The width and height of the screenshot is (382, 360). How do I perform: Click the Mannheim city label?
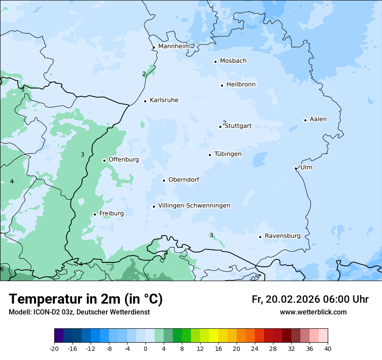click(174, 46)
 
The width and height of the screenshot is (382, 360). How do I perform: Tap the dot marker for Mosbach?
click(215, 62)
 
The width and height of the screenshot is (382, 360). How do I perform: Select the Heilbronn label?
click(241, 85)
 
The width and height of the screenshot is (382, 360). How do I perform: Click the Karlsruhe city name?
click(164, 100)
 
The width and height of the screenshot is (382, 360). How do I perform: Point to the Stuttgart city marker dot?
click(220, 127)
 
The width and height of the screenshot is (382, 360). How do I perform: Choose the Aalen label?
click(318, 119)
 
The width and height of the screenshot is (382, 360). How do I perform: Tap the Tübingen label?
click(228, 154)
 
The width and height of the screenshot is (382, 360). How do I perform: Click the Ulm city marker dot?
click(296, 168)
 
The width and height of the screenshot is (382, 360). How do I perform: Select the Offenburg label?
click(124, 160)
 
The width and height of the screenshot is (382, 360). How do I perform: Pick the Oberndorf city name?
click(184, 180)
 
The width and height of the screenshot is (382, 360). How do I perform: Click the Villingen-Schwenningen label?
click(194, 206)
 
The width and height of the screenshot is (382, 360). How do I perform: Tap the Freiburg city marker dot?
click(95, 214)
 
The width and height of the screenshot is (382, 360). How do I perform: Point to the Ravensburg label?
click(283, 236)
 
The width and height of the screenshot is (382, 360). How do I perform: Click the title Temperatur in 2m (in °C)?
click(86, 299)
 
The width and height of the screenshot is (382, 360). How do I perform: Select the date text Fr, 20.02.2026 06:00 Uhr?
click(310, 299)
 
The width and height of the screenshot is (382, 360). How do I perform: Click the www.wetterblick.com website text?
click(313, 312)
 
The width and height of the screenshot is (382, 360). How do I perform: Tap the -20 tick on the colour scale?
click(54, 348)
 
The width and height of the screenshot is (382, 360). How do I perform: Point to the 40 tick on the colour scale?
click(328, 348)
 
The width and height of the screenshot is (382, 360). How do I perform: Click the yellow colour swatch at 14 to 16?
click(214, 336)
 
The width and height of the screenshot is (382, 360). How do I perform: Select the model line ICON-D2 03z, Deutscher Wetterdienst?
click(79, 312)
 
